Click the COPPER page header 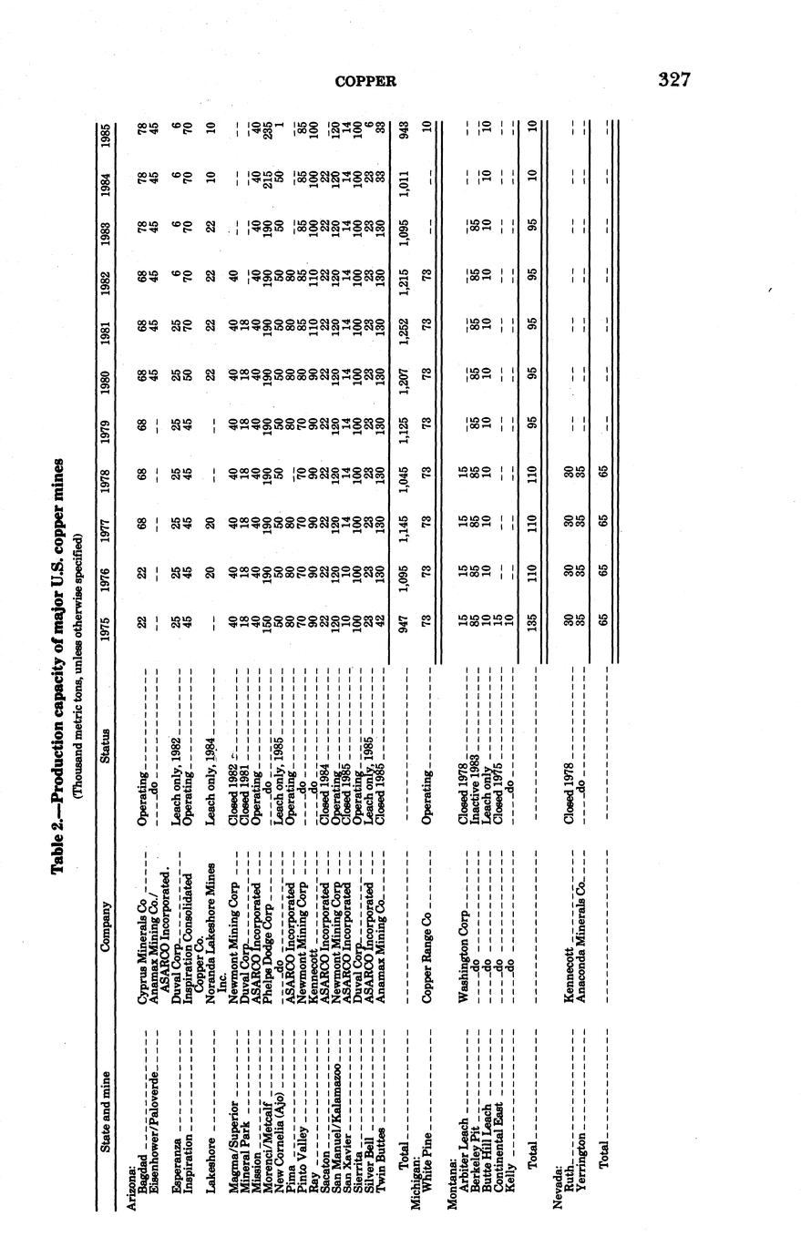(366, 81)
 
